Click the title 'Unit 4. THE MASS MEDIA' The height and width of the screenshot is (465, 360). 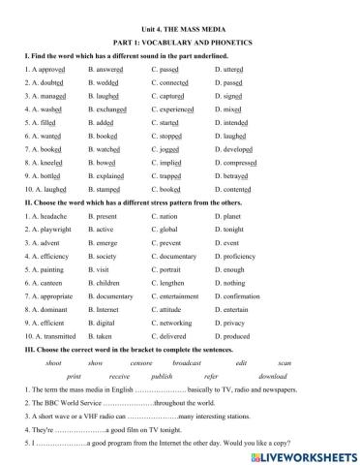[x=179, y=9]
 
